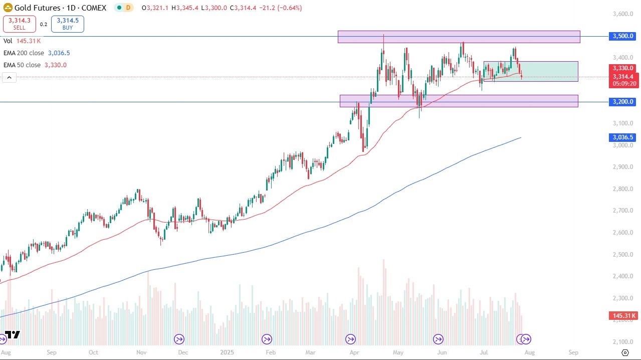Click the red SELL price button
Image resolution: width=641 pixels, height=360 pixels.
[x=20, y=24]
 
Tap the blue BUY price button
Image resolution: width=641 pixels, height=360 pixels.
[x=68, y=24]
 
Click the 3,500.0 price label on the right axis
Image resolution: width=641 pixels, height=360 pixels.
[x=623, y=37]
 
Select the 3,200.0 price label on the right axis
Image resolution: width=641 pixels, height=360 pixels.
[x=623, y=102]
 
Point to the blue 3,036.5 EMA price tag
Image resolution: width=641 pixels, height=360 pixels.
[x=623, y=137]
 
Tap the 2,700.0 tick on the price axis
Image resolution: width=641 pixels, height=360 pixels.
[x=623, y=211]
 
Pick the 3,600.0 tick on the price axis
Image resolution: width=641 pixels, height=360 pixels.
[x=623, y=14]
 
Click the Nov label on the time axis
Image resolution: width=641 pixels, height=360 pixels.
[x=140, y=352]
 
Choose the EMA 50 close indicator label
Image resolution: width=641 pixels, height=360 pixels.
[x=22, y=65]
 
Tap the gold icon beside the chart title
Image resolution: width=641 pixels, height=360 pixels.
[x=8, y=8]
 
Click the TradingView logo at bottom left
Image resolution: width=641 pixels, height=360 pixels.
[x=12, y=335]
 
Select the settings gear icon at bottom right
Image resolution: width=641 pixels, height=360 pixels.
[x=625, y=352]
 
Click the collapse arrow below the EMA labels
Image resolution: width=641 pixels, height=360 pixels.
[x=9, y=77]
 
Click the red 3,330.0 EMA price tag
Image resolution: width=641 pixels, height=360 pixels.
[x=623, y=68]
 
